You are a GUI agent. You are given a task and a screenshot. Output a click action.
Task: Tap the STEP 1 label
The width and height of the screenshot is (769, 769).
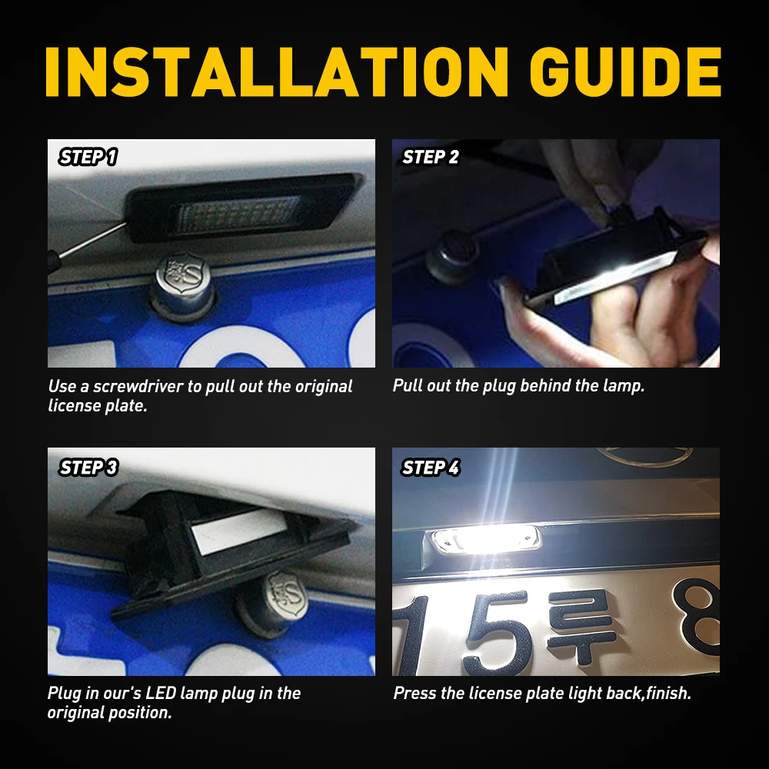point(88,158)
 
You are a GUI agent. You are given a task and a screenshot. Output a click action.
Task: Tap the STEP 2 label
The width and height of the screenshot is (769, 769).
point(431,158)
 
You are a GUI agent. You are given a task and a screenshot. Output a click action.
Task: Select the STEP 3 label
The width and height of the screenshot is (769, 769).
point(88,467)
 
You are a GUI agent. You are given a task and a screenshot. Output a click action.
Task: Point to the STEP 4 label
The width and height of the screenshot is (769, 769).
point(431,467)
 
